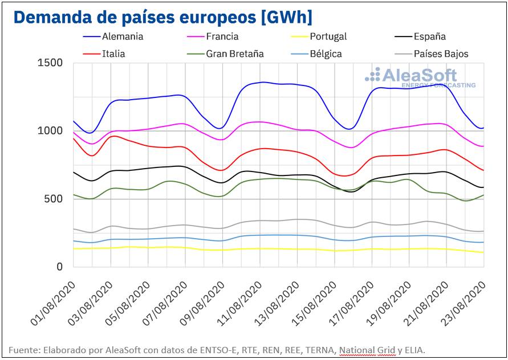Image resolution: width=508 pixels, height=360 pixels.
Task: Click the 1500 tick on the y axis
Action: (x=50, y=63)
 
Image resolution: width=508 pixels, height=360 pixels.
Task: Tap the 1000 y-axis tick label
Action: (x=50, y=130)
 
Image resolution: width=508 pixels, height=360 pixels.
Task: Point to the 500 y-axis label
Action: (x=53, y=199)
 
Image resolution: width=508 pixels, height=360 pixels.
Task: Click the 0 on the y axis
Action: (x=59, y=267)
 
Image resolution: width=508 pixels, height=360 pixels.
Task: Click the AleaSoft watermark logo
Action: (x=419, y=77)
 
